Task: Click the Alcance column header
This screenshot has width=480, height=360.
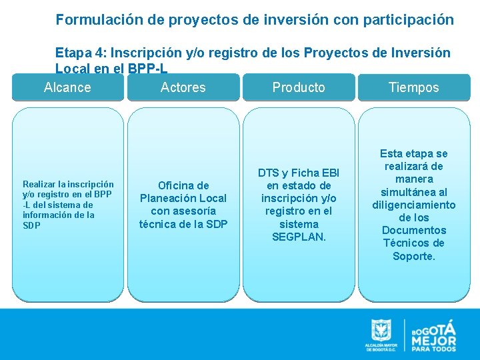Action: point(67,87)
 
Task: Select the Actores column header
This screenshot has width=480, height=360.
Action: point(183,87)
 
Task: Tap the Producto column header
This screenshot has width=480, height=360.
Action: point(299,87)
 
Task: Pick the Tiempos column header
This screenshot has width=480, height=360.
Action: point(414,87)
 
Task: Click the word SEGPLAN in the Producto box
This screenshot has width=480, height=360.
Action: point(299,237)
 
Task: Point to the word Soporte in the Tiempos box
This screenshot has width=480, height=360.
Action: point(413,256)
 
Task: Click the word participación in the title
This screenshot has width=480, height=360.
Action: point(408,20)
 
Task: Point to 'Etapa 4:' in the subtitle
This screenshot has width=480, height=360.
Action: point(81,53)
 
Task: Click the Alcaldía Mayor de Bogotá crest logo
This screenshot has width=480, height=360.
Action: point(381,335)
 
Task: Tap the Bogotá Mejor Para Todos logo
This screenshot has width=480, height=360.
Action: point(433,335)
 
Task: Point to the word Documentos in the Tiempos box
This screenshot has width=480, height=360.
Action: point(413,230)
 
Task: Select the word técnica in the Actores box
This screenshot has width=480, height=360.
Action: point(157,223)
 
